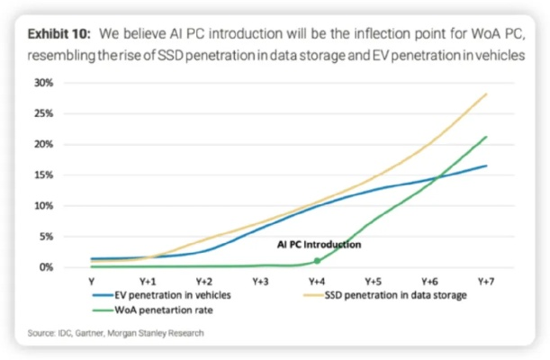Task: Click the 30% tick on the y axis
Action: point(43,83)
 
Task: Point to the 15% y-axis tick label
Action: point(43,175)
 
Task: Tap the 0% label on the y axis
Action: point(46,267)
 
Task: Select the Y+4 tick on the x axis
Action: point(317,282)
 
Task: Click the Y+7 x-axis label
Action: point(486,282)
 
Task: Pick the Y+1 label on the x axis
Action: point(149,282)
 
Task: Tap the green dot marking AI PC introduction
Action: point(317,261)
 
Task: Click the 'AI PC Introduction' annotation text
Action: point(319,244)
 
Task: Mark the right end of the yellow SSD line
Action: point(486,94)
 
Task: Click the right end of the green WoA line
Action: point(486,137)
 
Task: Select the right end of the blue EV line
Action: point(486,166)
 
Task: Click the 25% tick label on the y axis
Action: point(43,113)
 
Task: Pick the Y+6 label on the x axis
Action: point(429,282)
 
